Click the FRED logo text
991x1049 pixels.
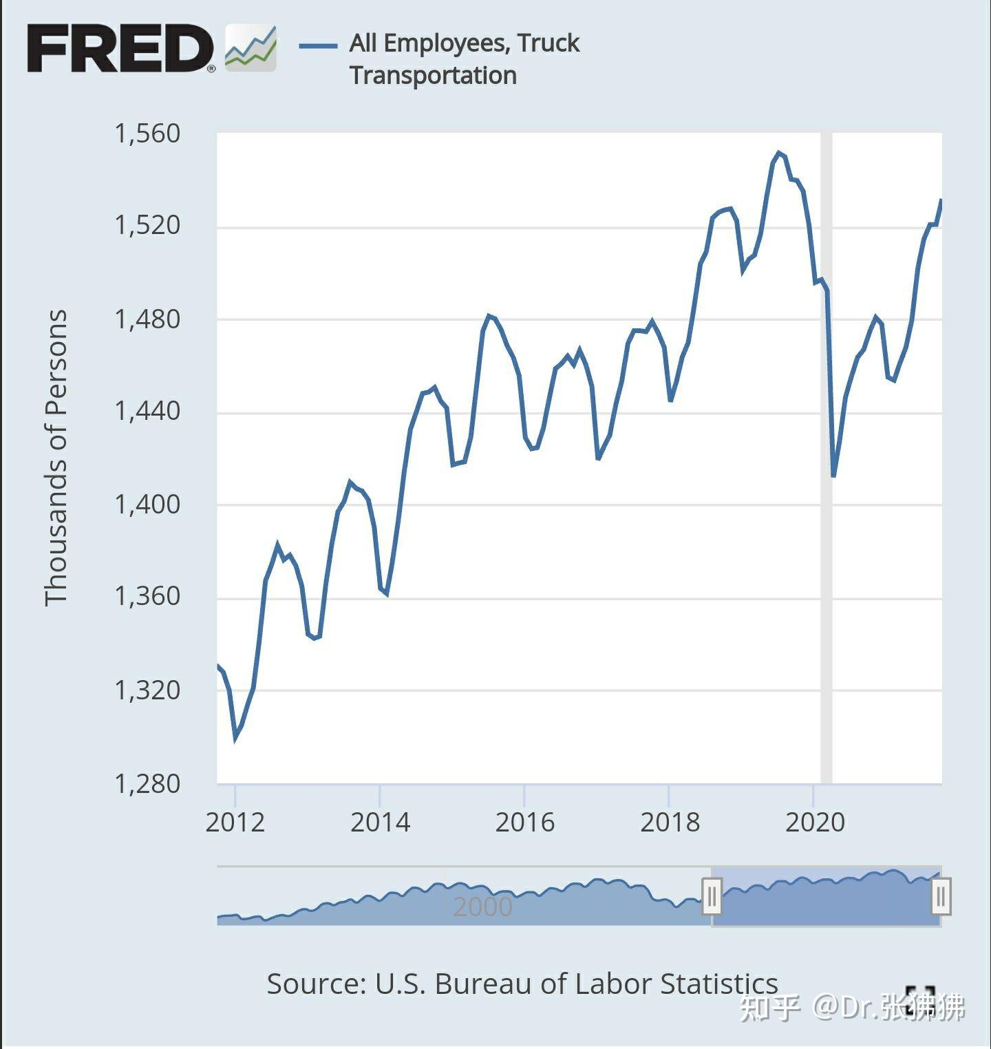click(120, 48)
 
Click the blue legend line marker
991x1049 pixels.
click(318, 46)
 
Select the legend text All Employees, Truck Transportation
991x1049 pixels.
click(465, 59)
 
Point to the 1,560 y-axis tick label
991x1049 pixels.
click(147, 133)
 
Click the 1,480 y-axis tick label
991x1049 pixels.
click(147, 319)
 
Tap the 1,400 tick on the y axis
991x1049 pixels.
click(147, 505)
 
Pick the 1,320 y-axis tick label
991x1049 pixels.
click(147, 690)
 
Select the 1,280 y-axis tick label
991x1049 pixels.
click(147, 783)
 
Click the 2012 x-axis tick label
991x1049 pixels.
click(235, 822)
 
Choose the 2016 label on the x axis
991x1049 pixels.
click(524, 822)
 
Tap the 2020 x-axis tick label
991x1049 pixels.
click(814, 822)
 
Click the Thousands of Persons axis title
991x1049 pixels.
click(56, 458)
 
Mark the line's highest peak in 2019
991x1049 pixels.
click(778, 153)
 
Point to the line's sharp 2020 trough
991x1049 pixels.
click(833, 476)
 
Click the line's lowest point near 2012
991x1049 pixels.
click(235, 739)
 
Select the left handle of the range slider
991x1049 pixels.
click(712, 896)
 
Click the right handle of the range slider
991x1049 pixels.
click(941, 896)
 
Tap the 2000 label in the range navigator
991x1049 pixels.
click(482, 907)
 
